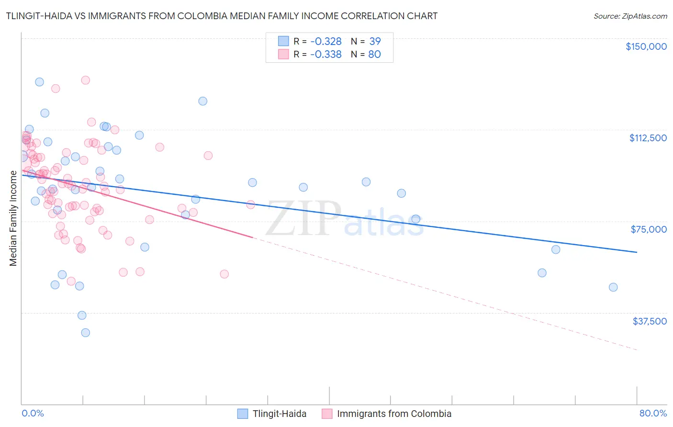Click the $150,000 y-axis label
pos(646,46)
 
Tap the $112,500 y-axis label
pos(648,138)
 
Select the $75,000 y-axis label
pos(649,229)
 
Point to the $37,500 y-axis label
pos(649,321)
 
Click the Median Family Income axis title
pos(13,218)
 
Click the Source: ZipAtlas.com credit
pos(630,16)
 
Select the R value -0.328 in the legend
pos(325,41)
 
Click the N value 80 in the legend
pos(374,54)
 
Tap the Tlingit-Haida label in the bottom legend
pos(280,414)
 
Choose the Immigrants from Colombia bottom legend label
pos(394,414)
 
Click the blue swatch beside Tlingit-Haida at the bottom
pos(243,414)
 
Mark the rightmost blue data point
pos(613,287)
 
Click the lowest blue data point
pos(85,333)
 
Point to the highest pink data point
pos(85,80)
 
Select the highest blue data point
pos(39,82)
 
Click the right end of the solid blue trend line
pos(637,252)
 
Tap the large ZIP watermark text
pos(303,218)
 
